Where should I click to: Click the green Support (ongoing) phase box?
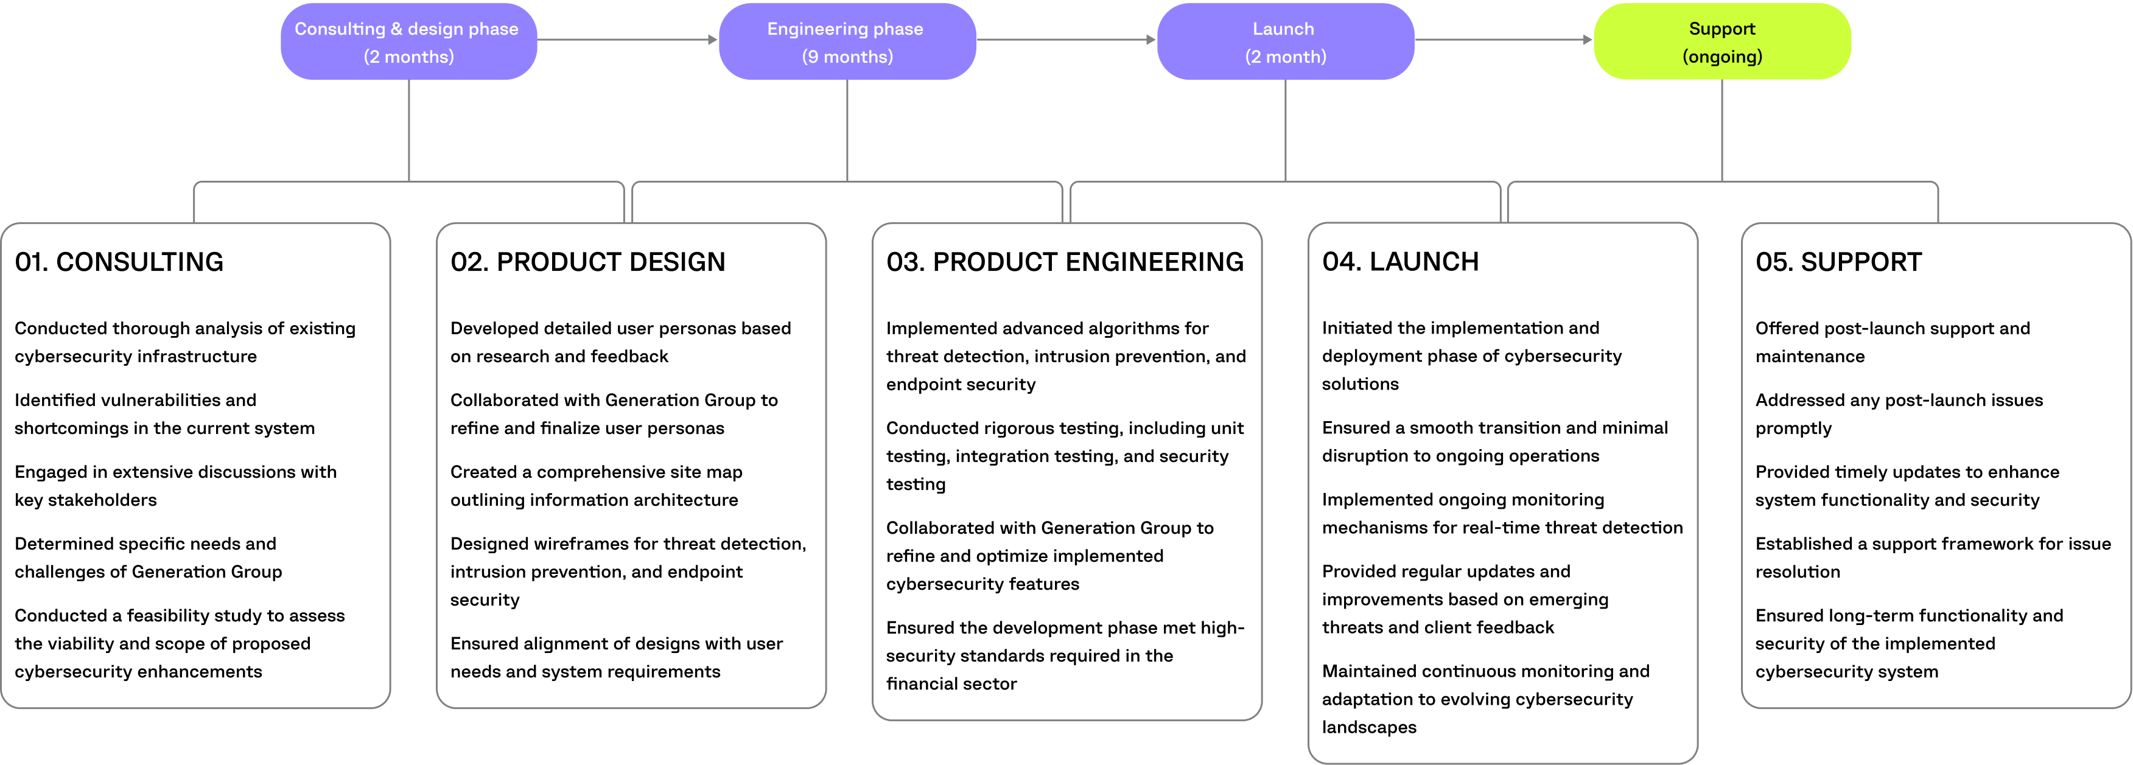pyautogui.click(x=1721, y=41)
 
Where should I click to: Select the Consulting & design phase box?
pyautogui.click(x=408, y=41)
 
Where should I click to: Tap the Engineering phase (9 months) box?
pyautogui.click(x=846, y=41)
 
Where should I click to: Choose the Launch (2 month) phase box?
pyautogui.click(x=1284, y=41)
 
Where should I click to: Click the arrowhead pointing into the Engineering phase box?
pyautogui.click(x=713, y=39)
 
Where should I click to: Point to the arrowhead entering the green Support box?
pyautogui.click(x=1588, y=39)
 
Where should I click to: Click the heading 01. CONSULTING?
pyautogui.click(x=119, y=262)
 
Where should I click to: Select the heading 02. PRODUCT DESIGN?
pyautogui.click(x=587, y=262)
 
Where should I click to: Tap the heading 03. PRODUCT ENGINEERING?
pyautogui.click(x=1064, y=262)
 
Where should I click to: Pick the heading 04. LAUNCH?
pyautogui.click(x=1399, y=262)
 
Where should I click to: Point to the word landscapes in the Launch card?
pyautogui.click(x=1368, y=727)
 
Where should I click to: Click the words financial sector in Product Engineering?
pyautogui.click(x=951, y=684)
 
